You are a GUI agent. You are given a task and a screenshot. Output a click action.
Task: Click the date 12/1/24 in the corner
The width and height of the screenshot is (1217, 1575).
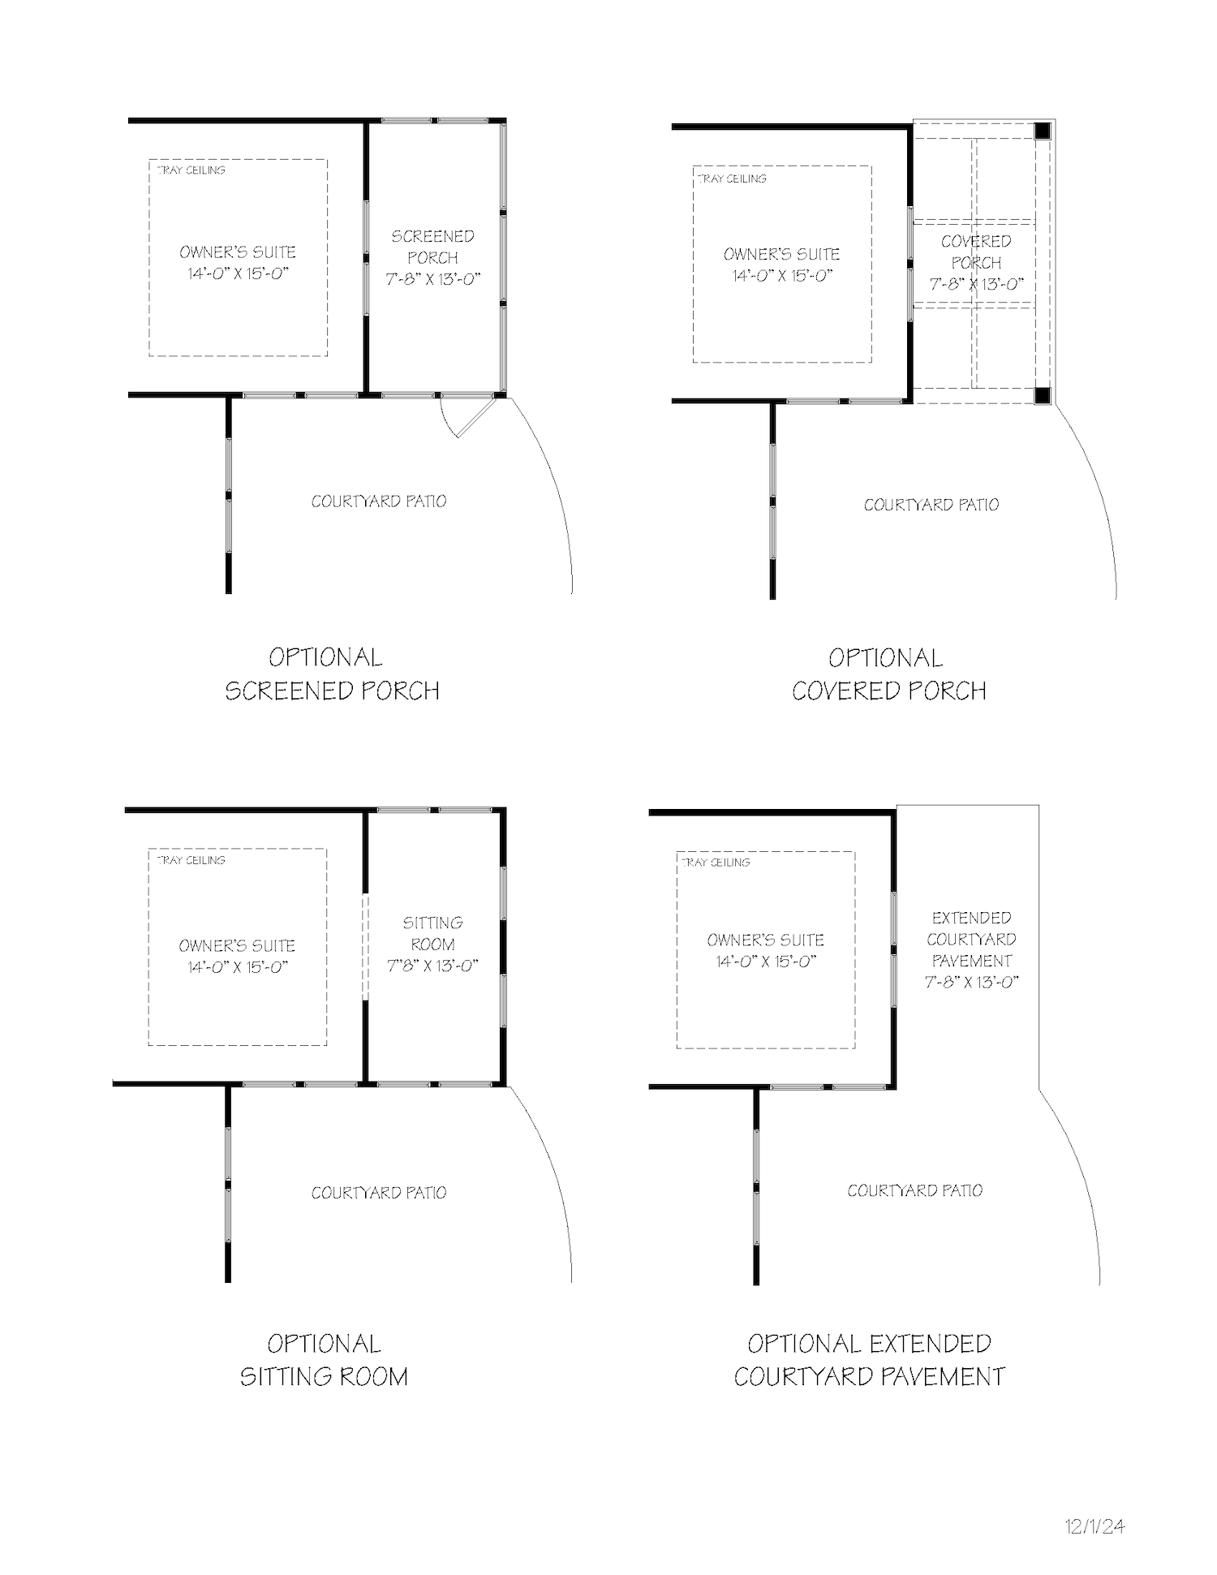(1095, 1526)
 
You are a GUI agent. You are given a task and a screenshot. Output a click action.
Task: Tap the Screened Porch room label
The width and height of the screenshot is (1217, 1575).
(432, 247)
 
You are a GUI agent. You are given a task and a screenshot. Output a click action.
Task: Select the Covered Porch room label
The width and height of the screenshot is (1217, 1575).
(976, 252)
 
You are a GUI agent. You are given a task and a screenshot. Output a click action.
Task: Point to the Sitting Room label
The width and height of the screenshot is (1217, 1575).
(432, 933)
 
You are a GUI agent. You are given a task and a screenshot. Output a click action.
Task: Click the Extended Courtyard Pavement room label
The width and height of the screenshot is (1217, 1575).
(971, 939)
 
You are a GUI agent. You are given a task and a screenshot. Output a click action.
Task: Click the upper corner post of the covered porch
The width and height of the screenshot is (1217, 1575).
(1043, 131)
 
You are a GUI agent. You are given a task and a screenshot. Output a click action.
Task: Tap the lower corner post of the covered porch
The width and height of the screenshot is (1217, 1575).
(1043, 395)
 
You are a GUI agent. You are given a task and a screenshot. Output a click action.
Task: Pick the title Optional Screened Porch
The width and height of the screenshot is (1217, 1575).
(332, 673)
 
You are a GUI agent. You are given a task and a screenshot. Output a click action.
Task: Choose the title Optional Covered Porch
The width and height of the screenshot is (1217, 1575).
(888, 673)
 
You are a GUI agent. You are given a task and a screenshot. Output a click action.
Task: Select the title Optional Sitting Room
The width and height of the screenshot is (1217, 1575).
(324, 1360)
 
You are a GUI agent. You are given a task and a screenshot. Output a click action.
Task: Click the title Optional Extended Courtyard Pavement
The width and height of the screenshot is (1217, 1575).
(869, 1360)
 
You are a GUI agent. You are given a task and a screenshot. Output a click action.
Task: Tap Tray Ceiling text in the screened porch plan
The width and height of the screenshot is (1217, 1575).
(191, 170)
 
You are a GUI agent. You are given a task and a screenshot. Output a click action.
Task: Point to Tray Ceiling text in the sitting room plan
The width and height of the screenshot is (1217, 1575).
(191, 860)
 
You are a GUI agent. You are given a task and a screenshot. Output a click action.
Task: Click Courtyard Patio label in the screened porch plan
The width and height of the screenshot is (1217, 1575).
(379, 501)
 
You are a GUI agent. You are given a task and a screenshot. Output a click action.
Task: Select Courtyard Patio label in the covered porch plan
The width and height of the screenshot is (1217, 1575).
(931, 505)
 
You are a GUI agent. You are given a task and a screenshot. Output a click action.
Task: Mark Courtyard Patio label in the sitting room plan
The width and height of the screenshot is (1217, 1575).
(379, 1193)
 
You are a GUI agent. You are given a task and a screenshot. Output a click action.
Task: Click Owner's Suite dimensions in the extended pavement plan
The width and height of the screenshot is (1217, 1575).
(765, 962)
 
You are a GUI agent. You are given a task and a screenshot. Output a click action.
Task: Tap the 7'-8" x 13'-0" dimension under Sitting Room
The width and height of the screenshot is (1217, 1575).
(432, 966)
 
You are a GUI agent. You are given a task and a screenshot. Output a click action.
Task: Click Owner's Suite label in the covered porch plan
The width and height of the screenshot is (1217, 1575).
(782, 254)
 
